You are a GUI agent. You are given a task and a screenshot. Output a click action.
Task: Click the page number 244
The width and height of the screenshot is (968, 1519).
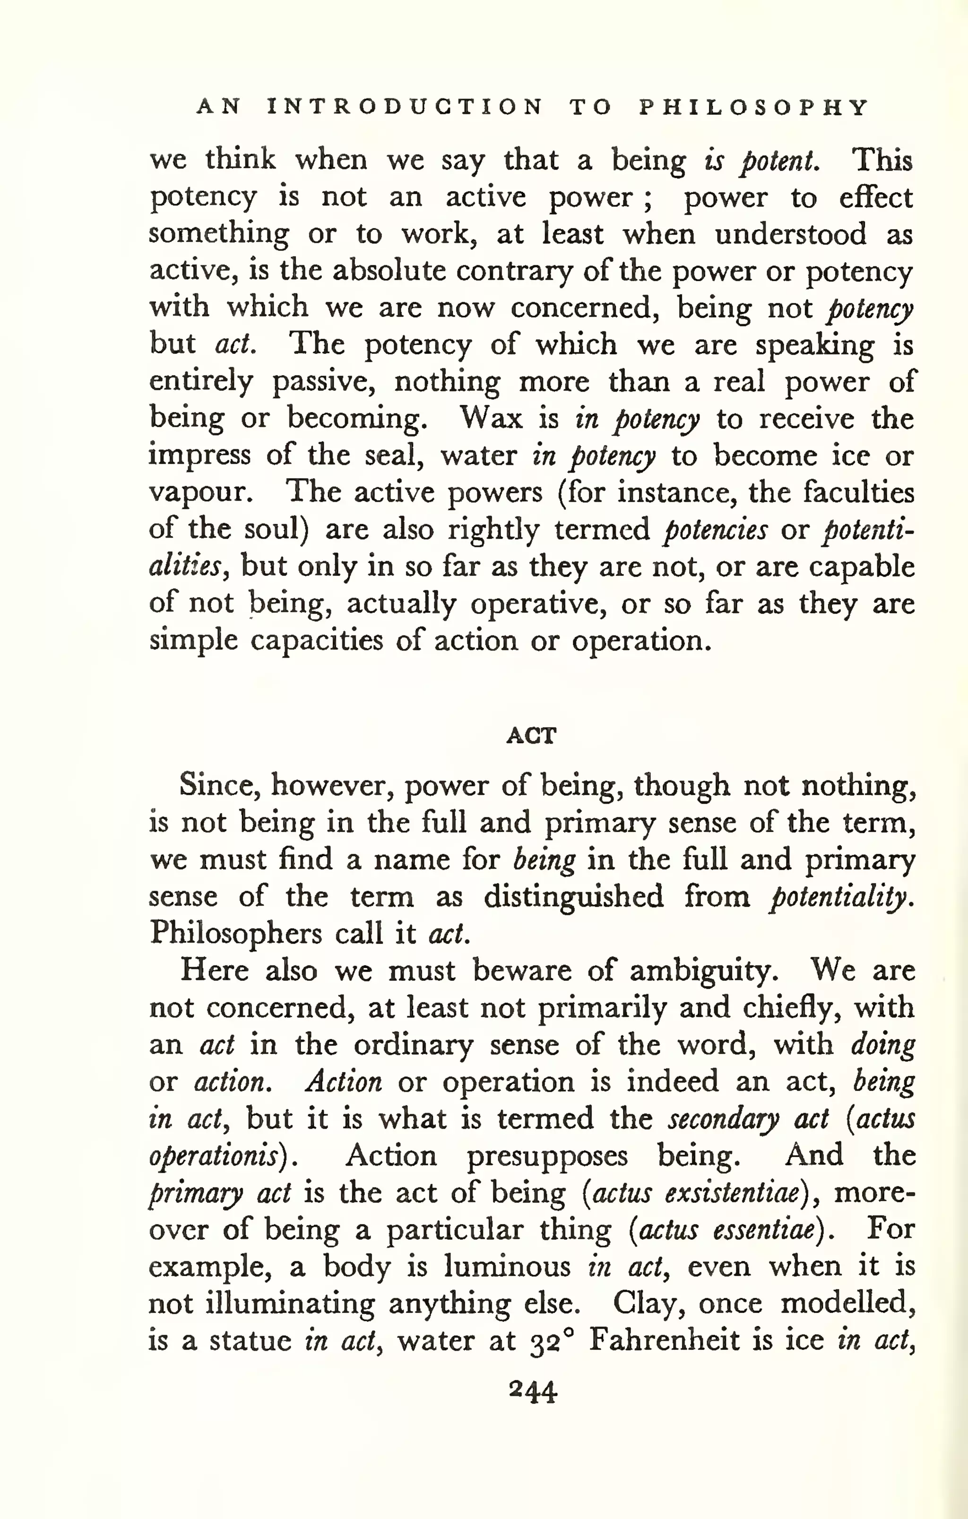pyautogui.click(x=533, y=1391)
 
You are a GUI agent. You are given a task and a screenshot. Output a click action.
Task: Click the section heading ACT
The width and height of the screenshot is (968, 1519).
pyautogui.click(x=531, y=736)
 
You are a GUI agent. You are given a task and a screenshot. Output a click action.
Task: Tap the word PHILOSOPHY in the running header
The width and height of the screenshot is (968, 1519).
pyautogui.click(x=754, y=107)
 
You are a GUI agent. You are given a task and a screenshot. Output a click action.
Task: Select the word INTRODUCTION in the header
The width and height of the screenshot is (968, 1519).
pyautogui.click(x=405, y=107)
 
